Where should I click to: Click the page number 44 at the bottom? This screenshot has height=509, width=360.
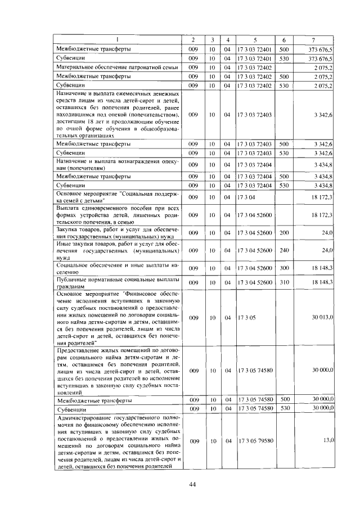click(x=192, y=484)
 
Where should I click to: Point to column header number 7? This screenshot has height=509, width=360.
click(x=314, y=39)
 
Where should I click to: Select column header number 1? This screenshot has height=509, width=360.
click(x=117, y=39)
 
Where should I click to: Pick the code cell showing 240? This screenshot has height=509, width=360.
click(x=283, y=250)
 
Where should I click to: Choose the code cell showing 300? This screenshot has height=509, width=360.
click(x=283, y=268)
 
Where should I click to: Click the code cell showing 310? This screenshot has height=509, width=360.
click(x=283, y=282)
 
